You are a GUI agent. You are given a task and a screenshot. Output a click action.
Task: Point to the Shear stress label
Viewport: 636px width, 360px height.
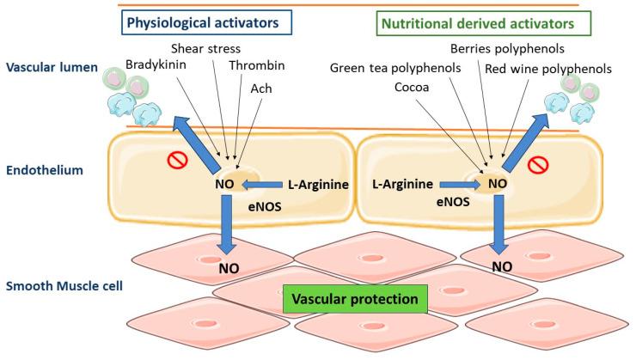(207, 48)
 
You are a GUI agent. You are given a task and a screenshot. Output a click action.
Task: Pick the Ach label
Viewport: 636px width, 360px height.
(260, 88)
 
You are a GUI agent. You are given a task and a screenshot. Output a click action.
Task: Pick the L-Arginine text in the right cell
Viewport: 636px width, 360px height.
(401, 184)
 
